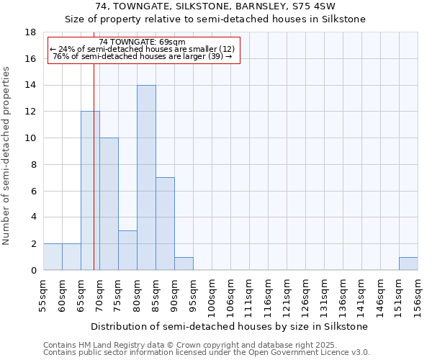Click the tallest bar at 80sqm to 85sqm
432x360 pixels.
click(x=146, y=178)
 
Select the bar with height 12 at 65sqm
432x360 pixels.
click(x=90, y=191)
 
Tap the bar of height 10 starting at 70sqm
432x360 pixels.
click(x=109, y=204)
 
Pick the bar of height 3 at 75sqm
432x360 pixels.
click(x=127, y=250)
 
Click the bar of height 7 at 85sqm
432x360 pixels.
click(x=165, y=224)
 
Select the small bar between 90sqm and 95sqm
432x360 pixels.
click(x=184, y=264)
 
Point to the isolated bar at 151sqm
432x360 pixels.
click(x=408, y=264)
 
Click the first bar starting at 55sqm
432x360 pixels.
click(x=53, y=257)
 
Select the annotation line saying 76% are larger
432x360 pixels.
click(x=143, y=56)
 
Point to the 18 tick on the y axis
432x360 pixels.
click(x=31, y=32)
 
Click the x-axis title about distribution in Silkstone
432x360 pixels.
click(x=230, y=326)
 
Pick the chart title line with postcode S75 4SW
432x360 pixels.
click(x=215, y=6)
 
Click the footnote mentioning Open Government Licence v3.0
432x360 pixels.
click(x=207, y=353)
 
